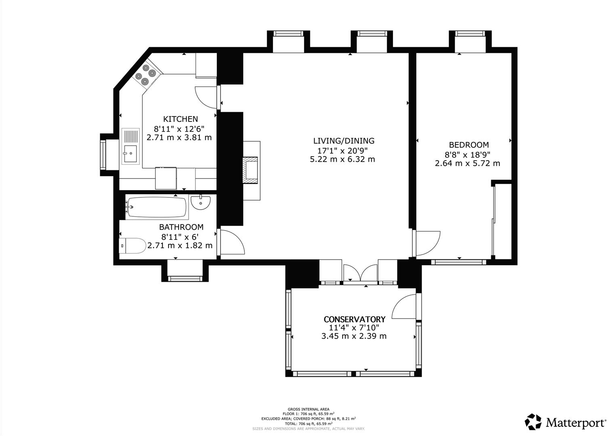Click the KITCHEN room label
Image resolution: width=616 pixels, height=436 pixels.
pos(180,119)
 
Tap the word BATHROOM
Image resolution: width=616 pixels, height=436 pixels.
pos(181,227)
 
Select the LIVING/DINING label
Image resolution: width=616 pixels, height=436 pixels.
pos(344,141)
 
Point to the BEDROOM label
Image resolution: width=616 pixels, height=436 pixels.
pos(469,145)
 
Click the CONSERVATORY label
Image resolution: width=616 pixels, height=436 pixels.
pos(354,319)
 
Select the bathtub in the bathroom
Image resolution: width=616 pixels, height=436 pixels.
pos(156,208)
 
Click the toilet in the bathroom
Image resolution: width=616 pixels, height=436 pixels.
pos(132,245)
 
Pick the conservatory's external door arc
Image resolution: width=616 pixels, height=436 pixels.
pos(404,307)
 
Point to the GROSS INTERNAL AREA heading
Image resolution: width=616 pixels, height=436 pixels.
pos(308,409)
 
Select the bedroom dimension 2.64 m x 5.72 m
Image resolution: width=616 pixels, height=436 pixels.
pos(467,163)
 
